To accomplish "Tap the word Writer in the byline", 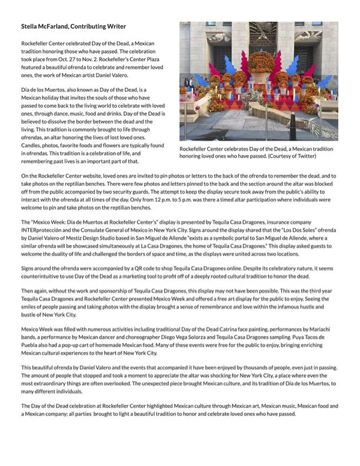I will click(x=115, y=26).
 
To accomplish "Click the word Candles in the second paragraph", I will click(x=32, y=145).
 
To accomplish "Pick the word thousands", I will click(x=241, y=373).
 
